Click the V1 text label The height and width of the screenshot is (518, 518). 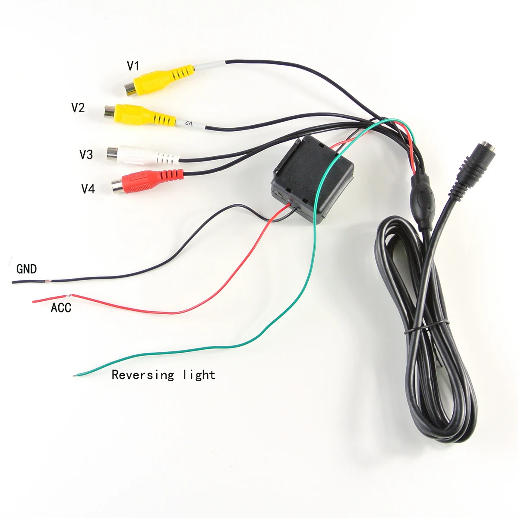pyautogui.click(x=133, y=66)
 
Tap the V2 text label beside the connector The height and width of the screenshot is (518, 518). pyautogui.click(x=78, y=107)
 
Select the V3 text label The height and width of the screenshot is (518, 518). pyautogui.click(x=86, y=154)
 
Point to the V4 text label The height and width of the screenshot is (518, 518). pyautogui.click(x=88, y=189)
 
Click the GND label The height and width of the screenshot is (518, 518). pyautogui.click(x=26, y=269)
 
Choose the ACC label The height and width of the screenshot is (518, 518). pyautogui.click(x=61, y=308)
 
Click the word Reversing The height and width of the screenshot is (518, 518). pyautogui.click(x=143, y=375)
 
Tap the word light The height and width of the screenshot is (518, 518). pyautogui.click(x=199, y=375)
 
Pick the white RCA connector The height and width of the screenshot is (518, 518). pyautogui.click(x=142, y=155)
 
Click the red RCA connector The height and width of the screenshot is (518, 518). pyautogui.click(x=147, y=180)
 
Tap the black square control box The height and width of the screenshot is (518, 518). pyautogui.click(x=313, y=179)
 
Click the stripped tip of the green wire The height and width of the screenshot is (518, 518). pyautogui.click(x=76, y=375)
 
